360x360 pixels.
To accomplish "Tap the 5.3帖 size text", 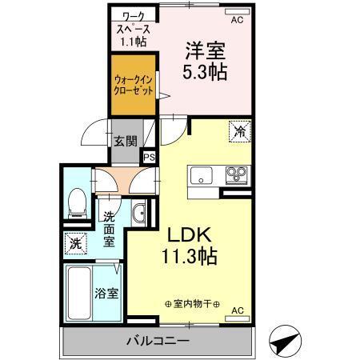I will pyautogui.click(x=206, y=73).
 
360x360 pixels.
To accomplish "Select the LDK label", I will pyautogui.click(x=190, y=236).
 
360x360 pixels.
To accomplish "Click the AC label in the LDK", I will pyautogui.click(x=237, y=310).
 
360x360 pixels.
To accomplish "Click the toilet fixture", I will pyautogui.click(x=76, y=202).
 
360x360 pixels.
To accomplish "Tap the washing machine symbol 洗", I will pyautogui.click(x=74, y=243).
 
